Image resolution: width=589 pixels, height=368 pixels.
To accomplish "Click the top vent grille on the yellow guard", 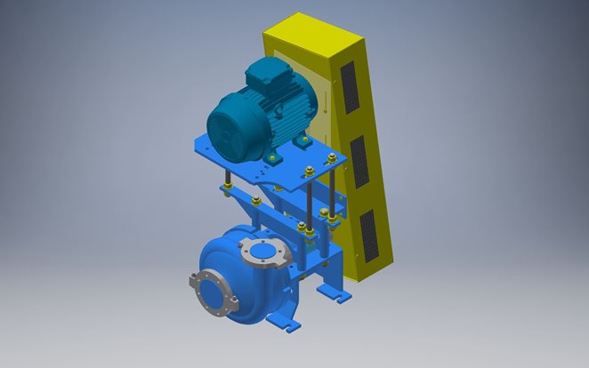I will (351, 87).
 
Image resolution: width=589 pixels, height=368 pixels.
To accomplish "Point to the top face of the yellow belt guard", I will (311, 26).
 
